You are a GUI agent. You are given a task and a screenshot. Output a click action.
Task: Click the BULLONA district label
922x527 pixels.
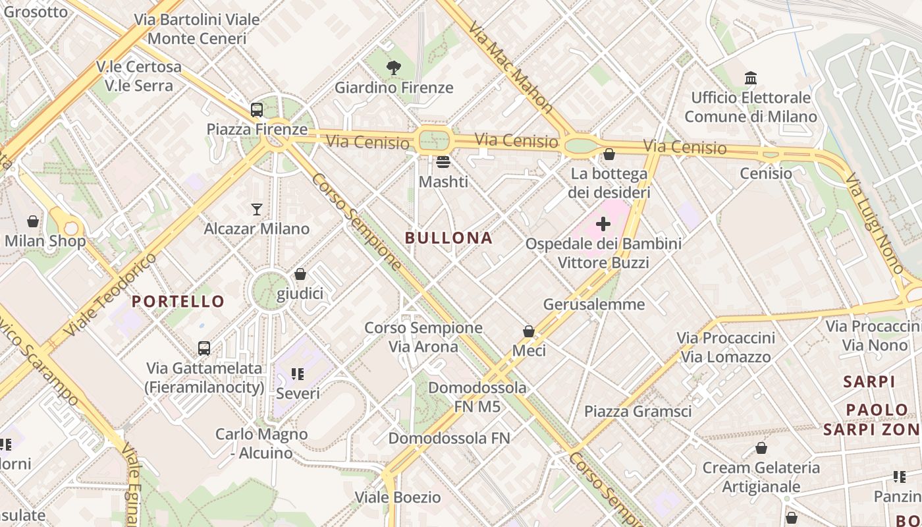448,238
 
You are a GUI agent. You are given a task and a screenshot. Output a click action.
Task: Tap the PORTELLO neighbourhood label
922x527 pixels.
178,301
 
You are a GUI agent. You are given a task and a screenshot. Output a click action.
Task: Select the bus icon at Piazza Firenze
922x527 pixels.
257,110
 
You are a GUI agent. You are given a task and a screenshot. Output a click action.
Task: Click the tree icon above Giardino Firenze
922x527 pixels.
394,67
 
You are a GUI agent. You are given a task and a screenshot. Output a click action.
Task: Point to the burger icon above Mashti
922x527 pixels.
443,161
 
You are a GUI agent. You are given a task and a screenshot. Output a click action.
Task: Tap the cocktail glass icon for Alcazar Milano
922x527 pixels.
257,209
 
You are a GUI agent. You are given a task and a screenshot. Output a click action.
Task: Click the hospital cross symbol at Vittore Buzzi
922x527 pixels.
603,224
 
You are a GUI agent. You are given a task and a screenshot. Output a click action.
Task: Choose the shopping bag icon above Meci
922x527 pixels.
528,331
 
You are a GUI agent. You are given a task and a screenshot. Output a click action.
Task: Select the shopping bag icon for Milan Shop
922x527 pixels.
33,221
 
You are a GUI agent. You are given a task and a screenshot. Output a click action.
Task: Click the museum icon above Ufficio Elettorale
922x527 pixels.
750,78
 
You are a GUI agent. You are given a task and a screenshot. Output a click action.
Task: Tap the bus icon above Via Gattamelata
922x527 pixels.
204,348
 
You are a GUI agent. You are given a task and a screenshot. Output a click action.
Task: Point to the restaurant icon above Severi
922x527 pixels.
298,374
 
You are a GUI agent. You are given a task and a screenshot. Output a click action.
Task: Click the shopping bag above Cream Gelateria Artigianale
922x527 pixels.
761,448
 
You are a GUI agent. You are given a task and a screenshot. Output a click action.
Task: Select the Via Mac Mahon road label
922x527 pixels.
510,66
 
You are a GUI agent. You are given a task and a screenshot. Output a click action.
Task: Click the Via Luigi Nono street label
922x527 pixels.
874,223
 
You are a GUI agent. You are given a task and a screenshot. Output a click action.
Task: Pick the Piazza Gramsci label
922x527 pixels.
637,412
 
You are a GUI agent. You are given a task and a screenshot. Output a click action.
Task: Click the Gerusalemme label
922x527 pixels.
593,304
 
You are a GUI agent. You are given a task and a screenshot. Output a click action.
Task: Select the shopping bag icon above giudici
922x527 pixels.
300,274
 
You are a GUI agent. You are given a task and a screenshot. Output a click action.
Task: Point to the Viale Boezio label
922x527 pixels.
398,497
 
